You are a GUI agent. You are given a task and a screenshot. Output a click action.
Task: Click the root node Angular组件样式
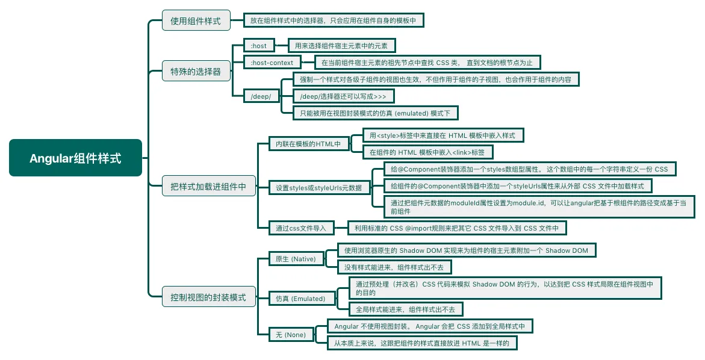pyautogui.click(x=75, y=158)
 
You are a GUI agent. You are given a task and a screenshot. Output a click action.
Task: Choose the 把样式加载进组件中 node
pyautogui.click(x=208, y=187)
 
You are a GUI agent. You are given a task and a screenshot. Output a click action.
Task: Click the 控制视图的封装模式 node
pyautogui.click(x=208, y=297)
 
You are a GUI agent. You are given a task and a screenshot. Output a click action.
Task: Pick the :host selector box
pyautogui.click(x=259, y=46)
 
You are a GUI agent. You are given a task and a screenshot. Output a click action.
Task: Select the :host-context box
pyautogui.click(x=272, y=63)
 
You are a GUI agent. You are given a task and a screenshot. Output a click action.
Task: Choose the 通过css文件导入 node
pyautogui.click(x=301, y=228)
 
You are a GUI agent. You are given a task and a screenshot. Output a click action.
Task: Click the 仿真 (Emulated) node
pyautogui.click(x=300, y=298)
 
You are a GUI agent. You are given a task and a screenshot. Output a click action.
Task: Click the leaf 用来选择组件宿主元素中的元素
pyautogui.click(x=341, y=46)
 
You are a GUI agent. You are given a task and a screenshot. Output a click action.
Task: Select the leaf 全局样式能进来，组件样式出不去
pyautogui.click(x=406, y=309)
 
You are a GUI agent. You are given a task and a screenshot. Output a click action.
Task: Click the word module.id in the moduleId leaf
pyautogui.click(x=528, y=203)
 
